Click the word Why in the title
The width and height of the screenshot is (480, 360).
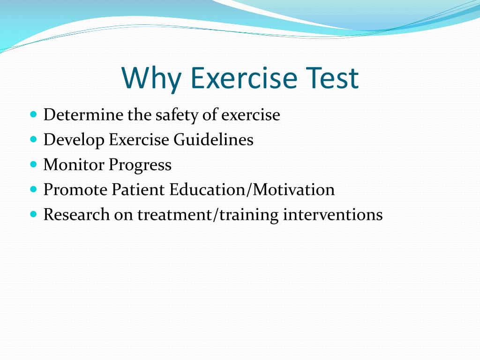click(151, 78)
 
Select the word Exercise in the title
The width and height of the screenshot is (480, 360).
click(244, 78)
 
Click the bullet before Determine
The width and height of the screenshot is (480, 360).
click(34, 114)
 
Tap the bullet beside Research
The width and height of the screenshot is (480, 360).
click(34, 214)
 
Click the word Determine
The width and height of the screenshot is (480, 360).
click(83, 114)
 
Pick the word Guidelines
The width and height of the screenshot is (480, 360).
click(213, 140)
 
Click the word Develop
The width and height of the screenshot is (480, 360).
click(74, 141)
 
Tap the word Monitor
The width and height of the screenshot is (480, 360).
click(74, 165)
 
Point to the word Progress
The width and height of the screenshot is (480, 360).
click(140, 165)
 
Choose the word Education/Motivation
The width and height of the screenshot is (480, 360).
click(252, 189)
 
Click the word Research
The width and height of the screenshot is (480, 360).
click(76, 214)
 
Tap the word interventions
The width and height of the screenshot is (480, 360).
click(333, 214)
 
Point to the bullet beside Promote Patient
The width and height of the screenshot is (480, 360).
click(34, 189)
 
